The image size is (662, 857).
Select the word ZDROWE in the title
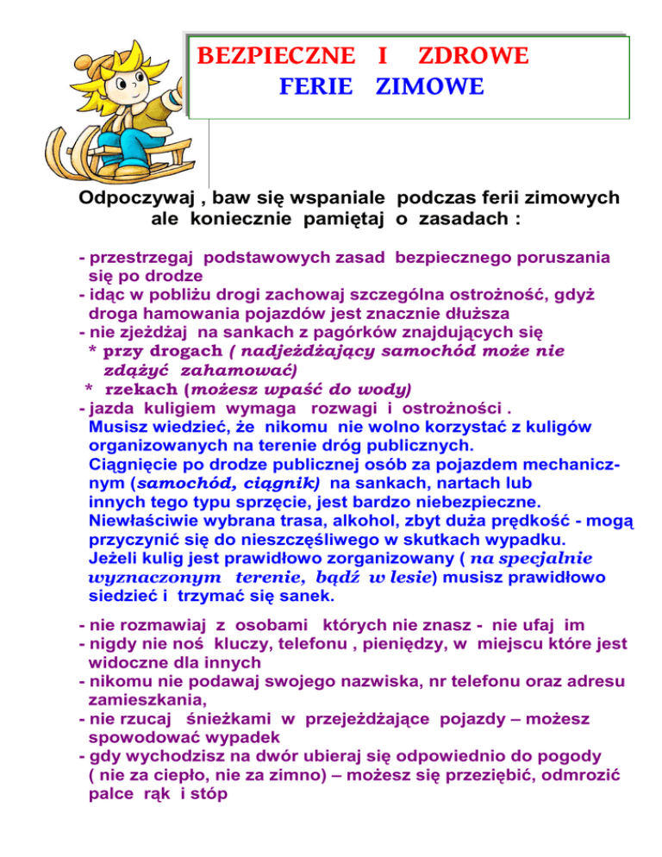pos(472,57)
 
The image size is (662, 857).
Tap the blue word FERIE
pos(315,87)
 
